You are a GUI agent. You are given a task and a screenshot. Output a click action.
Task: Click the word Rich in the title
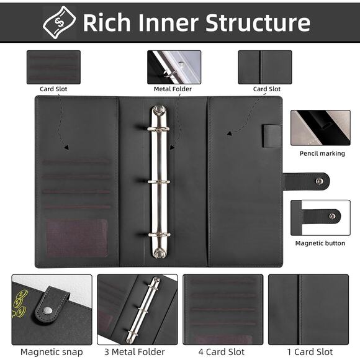point(106,22)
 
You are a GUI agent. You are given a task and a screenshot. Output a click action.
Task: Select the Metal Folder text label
point(174,89)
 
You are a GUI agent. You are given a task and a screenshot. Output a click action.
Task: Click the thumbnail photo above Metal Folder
point(174,67)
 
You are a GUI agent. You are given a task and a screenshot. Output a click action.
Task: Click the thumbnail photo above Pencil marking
point(320,128)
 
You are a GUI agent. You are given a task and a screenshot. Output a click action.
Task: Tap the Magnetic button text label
point(320,243)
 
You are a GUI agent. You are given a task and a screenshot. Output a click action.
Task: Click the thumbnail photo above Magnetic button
point(320,217)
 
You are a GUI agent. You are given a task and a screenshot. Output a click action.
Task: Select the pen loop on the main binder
point(272,136)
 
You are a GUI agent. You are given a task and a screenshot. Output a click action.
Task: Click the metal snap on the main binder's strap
point(319,181)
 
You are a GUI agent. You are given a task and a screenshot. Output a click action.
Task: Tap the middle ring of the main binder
point(159,182)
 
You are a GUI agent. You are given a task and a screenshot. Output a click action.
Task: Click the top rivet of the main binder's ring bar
point(159,110)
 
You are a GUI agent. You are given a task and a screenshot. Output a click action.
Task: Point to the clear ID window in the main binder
point(77,238)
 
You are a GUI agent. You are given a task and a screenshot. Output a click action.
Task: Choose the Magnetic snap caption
point(51,352)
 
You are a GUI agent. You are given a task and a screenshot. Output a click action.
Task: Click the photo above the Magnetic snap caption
point(52,309)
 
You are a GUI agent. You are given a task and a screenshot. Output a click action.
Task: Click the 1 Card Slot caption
point(308,352)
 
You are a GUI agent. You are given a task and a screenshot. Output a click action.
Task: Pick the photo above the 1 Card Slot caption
point(308,309)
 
